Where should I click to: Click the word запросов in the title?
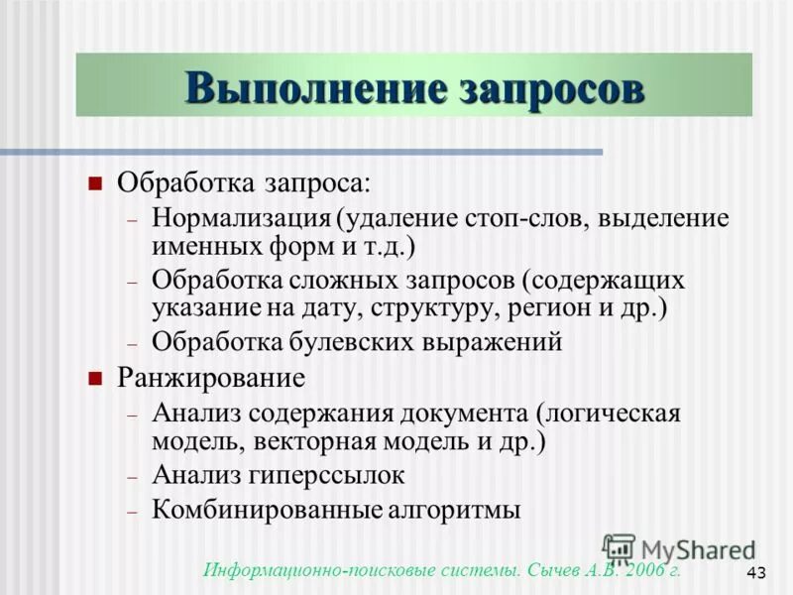(552, 87)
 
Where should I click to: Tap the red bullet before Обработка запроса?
(95, 182)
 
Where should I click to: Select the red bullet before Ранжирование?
(95, 378)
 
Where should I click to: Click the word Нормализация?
(241, 216)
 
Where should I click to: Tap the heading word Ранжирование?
(211, 378)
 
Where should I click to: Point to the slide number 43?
(756, 572)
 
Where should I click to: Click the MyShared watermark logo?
(679, 548)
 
